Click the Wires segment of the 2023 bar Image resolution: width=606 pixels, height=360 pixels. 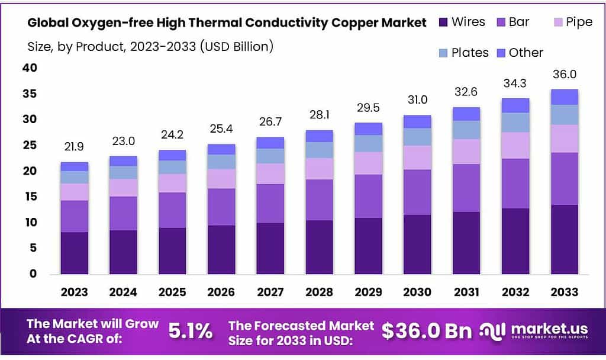(x=75, y=253)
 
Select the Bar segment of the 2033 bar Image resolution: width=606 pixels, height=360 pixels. (x=565, y=179)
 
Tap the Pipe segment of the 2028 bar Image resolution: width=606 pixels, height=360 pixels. (x=320, y=169)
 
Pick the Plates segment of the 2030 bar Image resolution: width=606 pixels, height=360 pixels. (x=418, y=137)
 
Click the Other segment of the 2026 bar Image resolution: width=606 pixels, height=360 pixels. (x=221, y=149)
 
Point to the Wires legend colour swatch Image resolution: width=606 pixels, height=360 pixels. (x=443, y=22)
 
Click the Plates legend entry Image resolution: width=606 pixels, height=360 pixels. (x=464, y=53)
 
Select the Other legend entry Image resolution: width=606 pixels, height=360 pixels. (x=519, y=53)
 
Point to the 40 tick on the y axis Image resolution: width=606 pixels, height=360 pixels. (x=30, y=68)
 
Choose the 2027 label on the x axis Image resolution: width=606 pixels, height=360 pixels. (x=270, y=292)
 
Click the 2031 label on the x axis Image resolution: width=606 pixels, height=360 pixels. (x=466, y=292)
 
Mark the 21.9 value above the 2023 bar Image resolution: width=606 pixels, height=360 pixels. (x=75, y=146)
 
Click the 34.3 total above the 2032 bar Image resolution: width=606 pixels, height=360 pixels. (x=515, y=83)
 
